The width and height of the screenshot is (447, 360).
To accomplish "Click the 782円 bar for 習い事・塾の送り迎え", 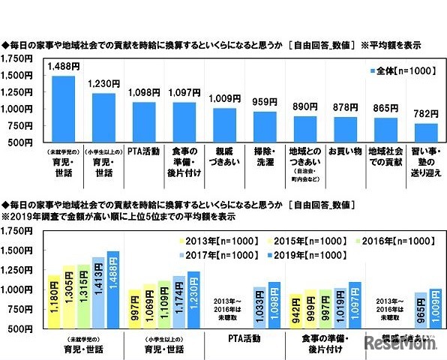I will tap(426, 133).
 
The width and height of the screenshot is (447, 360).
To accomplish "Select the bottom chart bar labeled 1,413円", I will tap(97, 292).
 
